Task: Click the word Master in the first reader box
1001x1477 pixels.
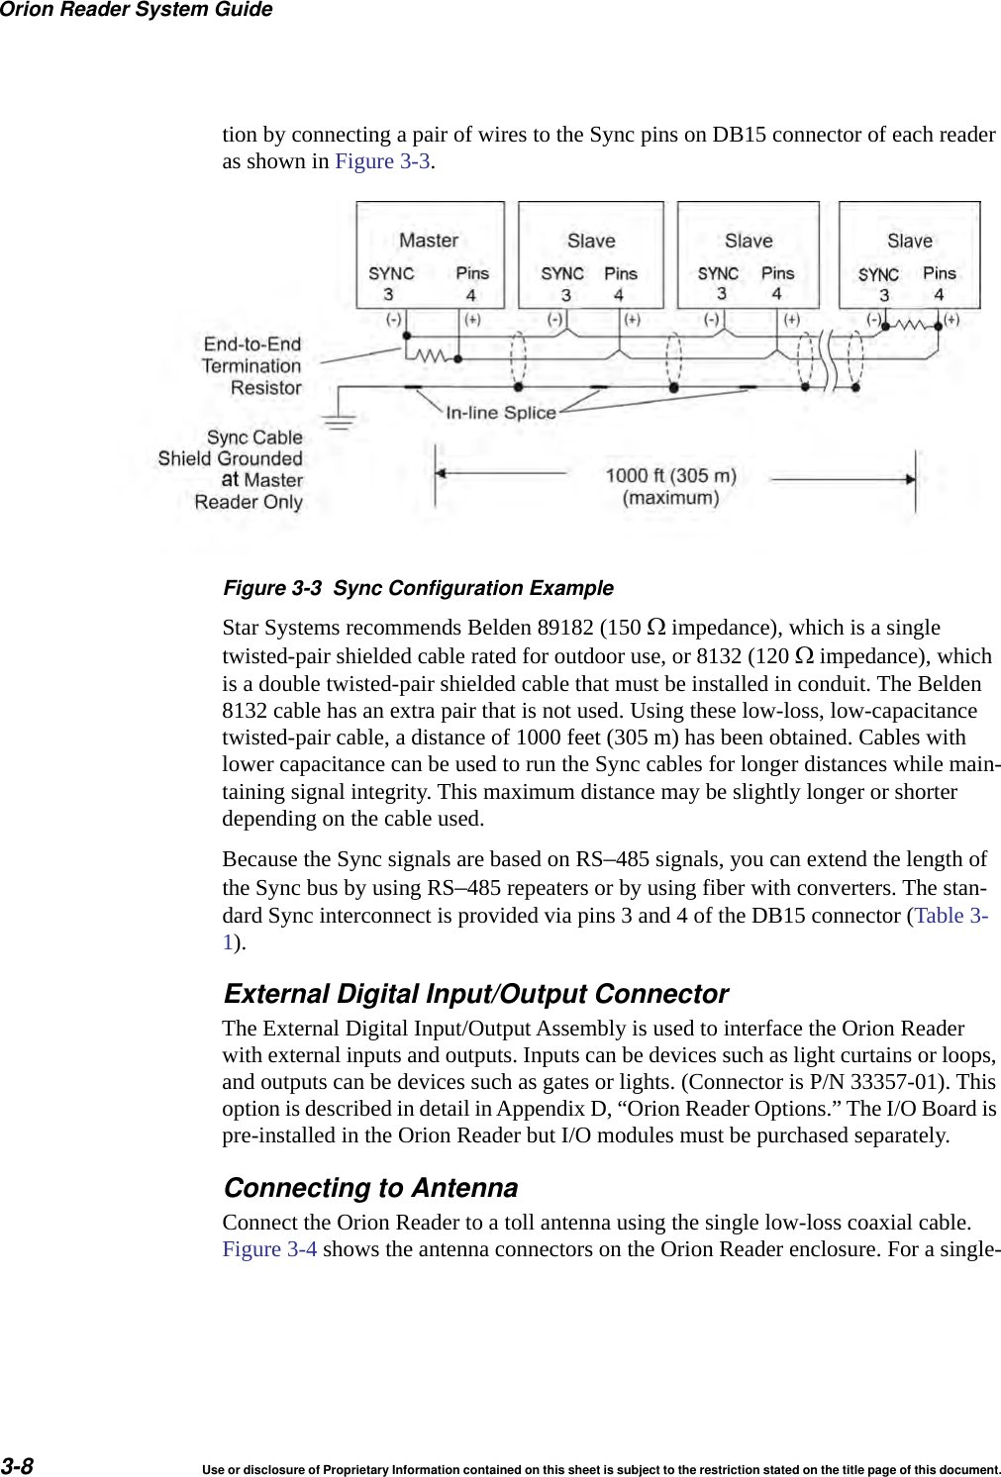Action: click(x=428, y=241)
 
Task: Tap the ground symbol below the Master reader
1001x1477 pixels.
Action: click(x=339, y=423)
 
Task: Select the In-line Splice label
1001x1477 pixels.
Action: click(x=500, y=413)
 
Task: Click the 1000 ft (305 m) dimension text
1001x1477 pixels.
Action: click(x=670, y=476)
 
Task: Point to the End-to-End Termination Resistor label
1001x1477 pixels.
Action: click(x=252, y=366)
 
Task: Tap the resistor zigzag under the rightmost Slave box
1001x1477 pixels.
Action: click(x=911, y=324)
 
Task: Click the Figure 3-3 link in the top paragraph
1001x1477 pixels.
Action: click(x=382, y=162)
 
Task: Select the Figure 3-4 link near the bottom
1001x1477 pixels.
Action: click(x=269, y=1249)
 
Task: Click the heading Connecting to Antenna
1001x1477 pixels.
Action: click(x=370, y=1188)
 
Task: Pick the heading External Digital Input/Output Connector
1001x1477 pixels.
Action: click(x=475, y=994)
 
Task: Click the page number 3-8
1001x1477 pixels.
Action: click(x=17, y=1466)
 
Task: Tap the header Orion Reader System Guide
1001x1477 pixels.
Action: click(x=136, y=10)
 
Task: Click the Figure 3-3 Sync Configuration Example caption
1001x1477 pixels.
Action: click(x=418, y=588)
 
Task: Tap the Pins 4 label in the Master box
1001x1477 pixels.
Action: click(x=471, y=284)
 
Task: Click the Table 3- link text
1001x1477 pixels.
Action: click(x=951, y=916)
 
